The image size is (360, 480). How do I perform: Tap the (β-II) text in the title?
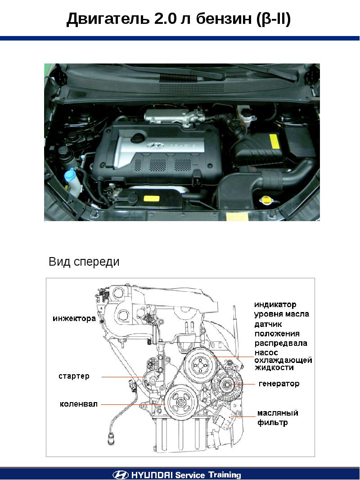(x=272, y=19)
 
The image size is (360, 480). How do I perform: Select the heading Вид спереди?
(x=84, y=262)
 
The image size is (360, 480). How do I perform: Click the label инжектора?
(x=74, y=319)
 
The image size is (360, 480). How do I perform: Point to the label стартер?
(x=74, y=376)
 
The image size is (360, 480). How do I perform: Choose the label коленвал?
(x=79, y=404)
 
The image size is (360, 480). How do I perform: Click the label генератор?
(x=279, y=384)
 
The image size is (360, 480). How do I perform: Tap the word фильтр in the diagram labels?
(x=273, y=423)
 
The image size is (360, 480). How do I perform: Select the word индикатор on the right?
(x=275, y=305)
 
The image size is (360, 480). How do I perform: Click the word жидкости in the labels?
(x=274, y=367)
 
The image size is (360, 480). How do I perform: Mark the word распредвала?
(x=281, y=343)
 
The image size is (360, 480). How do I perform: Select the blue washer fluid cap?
(x=71, y=175)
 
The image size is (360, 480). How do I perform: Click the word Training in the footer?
(x=225, y=475)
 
